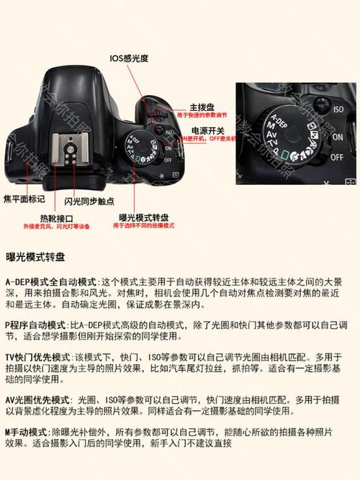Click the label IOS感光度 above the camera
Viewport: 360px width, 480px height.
coord(130,58)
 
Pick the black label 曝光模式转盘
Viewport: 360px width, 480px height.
coord(144,217)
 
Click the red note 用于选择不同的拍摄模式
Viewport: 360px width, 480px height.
coord(144,226)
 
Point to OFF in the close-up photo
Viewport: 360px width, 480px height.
coord(337,155)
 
